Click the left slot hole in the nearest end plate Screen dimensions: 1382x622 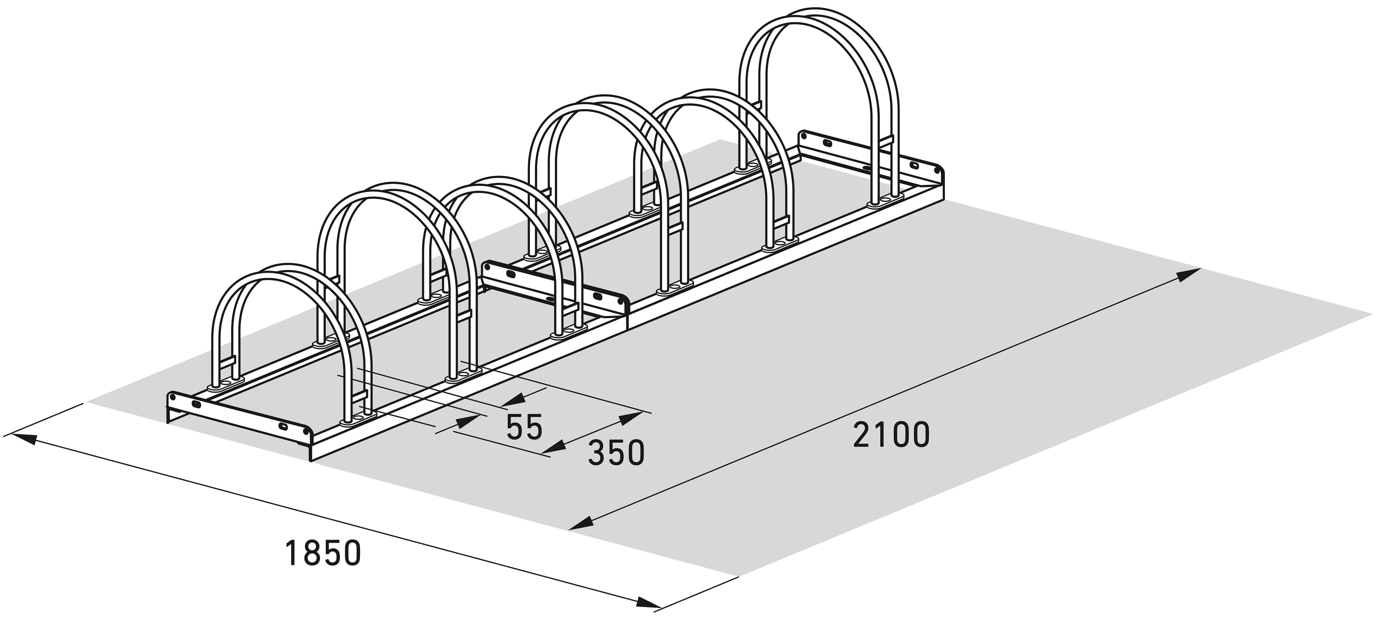click(x=196, y=403)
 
